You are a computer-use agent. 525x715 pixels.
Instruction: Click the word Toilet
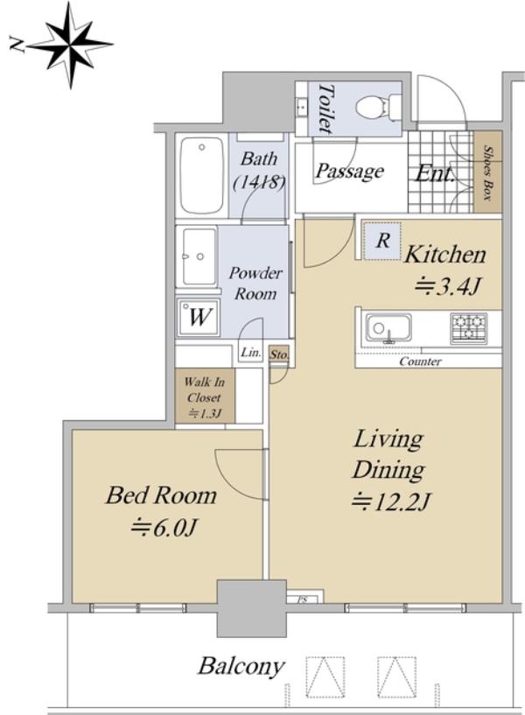coord(325,108)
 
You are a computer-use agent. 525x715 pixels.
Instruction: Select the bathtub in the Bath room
coord(202,176)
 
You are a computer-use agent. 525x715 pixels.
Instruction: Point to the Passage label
coord(349,172)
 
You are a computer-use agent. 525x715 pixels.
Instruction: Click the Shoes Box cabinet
coord(487,172)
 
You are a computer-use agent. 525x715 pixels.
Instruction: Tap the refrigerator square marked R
coord(382,241)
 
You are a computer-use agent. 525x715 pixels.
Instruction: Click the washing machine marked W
coord(199,318)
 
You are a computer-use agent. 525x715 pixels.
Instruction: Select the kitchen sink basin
coord(388,328)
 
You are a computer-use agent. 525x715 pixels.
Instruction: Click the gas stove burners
coord(469,328)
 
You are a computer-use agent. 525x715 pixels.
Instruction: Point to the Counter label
coord(420,362)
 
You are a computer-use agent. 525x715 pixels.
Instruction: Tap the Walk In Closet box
coord(205,396)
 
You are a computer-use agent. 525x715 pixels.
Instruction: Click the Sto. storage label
coord(279,354)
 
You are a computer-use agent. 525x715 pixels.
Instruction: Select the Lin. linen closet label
coord(251,353)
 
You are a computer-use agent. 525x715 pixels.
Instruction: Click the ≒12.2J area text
coord(391,501)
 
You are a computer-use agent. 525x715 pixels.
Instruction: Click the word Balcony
coord(241,667)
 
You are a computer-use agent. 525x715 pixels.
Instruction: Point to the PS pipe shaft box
coord(304,597)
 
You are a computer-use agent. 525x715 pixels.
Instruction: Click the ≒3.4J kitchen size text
coord(447,287)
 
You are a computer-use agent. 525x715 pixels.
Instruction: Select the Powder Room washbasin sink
coord(199,256)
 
